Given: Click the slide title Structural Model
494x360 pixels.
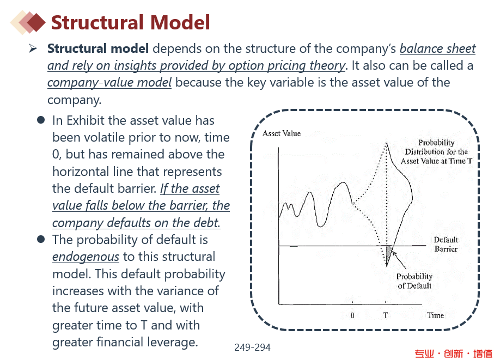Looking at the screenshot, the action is (130, 22).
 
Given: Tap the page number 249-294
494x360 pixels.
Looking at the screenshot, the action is (252, 347).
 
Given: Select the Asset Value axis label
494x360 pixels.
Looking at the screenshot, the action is (282, 133).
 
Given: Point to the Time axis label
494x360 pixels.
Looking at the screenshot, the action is (435, 315).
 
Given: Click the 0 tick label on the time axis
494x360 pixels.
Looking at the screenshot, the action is (352, 315).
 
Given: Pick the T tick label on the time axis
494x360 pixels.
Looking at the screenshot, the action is (385, 315).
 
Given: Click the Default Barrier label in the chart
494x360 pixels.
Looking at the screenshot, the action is (446, 244).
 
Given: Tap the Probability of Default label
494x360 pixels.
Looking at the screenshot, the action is (414, 281).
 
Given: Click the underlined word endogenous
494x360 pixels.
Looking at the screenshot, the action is (86, 257).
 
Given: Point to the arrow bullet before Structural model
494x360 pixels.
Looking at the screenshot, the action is (33, 48).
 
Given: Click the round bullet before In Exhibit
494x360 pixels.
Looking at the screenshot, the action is (41, 120).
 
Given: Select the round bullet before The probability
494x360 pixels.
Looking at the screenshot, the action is (41, 239).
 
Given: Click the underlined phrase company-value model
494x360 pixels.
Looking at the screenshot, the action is (109, 83).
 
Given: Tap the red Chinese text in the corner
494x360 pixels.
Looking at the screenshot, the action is (453, 353).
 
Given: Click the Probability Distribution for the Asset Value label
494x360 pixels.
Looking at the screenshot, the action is (436, 152).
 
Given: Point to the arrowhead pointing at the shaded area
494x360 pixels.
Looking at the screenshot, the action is (394, 253).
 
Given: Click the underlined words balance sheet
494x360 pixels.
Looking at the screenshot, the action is (437, 48).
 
